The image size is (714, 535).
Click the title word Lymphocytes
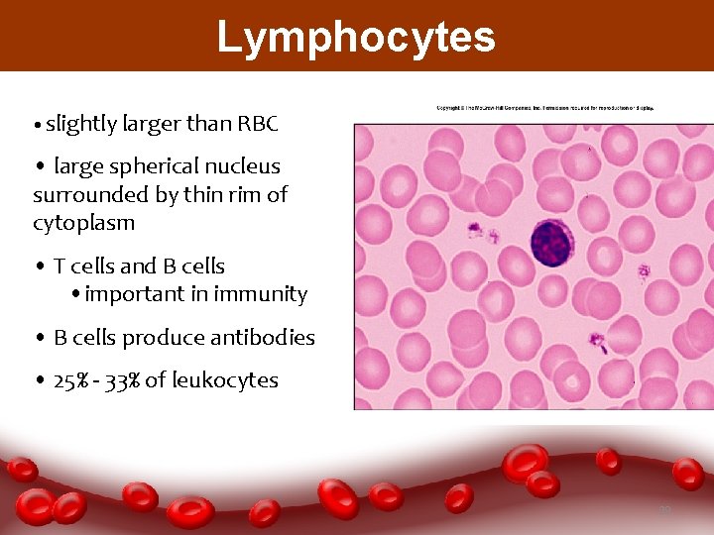[356, 38]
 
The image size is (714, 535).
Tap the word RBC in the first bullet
[259, 124]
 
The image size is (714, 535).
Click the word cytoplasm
[83, 223]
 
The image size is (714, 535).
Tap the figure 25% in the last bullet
[73, 380]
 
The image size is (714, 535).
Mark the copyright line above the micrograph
[548, 107]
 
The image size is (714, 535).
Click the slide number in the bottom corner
[665, 510]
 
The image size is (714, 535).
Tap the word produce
[169, 338]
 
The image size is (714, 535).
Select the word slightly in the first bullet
[80, 124]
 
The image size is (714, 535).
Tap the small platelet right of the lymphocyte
[644, 269]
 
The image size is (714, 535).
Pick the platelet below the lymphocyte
[597, 343]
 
